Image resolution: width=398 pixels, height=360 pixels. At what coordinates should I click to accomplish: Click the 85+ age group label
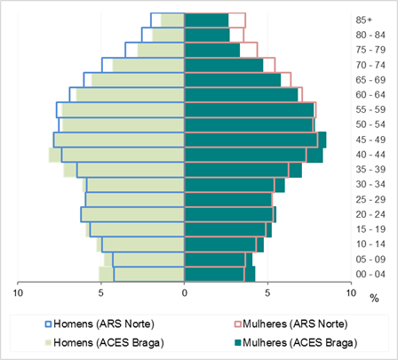point(363,20)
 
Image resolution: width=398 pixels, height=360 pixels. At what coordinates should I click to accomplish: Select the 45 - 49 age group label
point(370,140)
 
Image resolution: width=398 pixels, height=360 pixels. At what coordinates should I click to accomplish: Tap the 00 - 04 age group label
point(370,274)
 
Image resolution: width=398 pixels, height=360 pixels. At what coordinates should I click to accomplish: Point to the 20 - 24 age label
point(370,214)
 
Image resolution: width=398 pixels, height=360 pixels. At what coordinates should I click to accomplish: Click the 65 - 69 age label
point(370,80)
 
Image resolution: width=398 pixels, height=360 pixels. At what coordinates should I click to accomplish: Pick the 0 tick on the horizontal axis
point(185,293)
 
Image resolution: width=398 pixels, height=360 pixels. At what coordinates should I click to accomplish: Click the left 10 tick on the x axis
point(18,293)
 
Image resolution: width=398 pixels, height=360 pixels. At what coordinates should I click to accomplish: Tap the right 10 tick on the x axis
point(351,293)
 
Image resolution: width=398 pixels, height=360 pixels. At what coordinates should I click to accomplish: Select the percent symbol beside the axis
point(374,299)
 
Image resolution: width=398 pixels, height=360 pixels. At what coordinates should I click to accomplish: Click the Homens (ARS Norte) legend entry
point(99,324)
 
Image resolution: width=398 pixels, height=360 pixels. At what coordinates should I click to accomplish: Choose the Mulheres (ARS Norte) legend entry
point(291,324)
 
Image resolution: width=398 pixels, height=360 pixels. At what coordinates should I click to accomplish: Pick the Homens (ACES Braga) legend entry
point(105,343)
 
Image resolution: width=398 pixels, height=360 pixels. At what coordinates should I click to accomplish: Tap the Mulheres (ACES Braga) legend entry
point(296,343)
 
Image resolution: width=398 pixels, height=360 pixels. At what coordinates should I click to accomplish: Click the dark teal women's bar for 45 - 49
point(255,140)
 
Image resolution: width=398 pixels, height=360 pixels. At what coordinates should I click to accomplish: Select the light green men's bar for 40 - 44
point(116,155)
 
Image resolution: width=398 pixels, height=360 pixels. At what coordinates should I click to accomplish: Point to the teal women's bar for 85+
point(206,20)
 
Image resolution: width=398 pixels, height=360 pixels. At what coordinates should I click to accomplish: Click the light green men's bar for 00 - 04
point(141,274)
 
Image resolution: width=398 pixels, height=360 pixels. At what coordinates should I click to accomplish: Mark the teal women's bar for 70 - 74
point(224,65)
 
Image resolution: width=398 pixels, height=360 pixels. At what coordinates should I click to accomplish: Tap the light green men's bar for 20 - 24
point(132,214)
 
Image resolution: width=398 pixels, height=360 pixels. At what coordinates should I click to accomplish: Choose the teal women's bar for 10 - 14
point(224,244)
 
